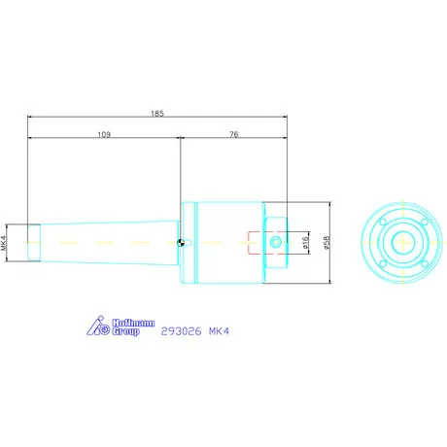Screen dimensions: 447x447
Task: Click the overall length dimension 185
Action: (158, 114)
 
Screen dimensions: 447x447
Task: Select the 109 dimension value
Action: (105, 135)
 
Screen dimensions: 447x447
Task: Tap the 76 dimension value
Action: (234, 135)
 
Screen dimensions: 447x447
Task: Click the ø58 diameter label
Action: (327, 240)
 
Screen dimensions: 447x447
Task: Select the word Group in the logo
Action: (127, 332)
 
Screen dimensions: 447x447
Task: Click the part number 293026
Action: (177, 329)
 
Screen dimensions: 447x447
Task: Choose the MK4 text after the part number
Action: (219, 329)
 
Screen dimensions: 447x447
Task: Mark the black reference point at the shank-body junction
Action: (183, 242)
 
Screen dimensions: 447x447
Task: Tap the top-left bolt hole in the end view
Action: (381, 220)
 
